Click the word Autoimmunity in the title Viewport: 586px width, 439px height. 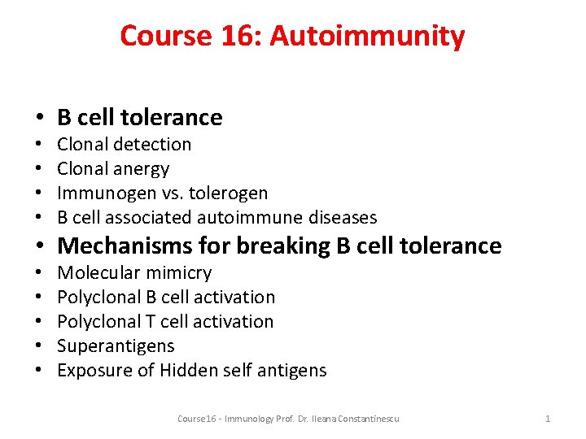pos(368,36)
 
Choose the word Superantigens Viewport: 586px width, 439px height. pos(116,346)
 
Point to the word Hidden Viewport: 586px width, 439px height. pos(188,371)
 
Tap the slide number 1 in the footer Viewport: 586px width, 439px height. pos(548,419)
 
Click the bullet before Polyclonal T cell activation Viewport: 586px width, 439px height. pos(40,322)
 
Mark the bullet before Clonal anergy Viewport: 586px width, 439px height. pos(40,169)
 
